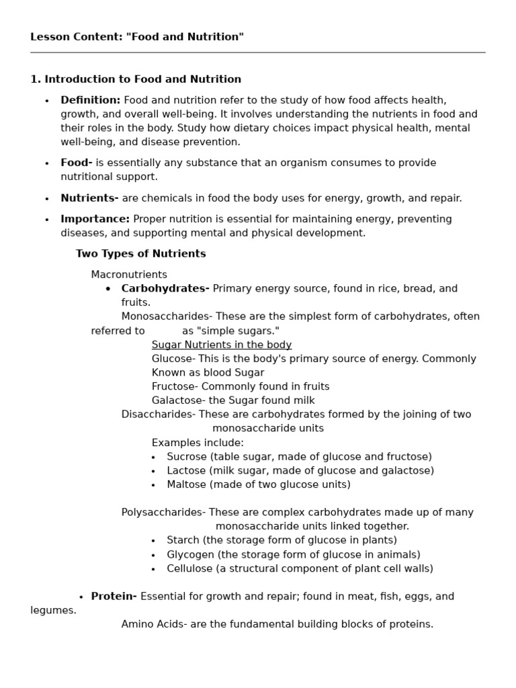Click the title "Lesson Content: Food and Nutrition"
(x=137, y=37)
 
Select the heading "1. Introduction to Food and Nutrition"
(x=136, y=79)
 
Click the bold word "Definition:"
(x=91, y=100)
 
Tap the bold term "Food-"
(x=77, y=163)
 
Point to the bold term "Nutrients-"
(x=89, y=198)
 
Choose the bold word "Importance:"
(x=95, y=219)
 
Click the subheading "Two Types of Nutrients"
(x=140, y=254)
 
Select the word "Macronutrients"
(x=129, y=275)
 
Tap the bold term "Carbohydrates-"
(x=165, y=289)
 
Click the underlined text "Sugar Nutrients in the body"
(x=222, y=345)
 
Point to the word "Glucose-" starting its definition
(x=173, y=359)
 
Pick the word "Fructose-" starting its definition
(x=175, y=386)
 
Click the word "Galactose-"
(x=177, y=400)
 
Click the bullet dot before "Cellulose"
(x=153, y=569)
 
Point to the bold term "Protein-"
(x=114, y=597)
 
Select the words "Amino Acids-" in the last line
(x=154, y=624)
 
